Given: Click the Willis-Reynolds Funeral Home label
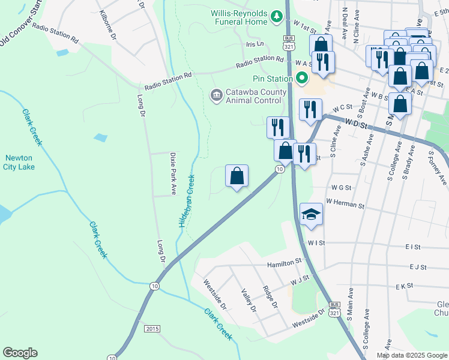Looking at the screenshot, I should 238,17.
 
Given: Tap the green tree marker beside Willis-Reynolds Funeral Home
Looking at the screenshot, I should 277,17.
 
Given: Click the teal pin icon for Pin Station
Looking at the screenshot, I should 301,78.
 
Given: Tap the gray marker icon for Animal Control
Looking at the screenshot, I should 215,95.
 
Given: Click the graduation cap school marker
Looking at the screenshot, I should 311,214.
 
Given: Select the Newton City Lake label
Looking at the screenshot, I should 19,163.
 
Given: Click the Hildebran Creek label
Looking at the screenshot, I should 186,200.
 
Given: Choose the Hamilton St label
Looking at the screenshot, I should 286,262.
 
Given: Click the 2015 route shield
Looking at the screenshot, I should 152,328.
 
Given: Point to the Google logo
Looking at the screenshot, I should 20,353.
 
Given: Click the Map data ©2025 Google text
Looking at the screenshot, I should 411,355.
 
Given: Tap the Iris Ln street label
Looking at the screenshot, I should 255,44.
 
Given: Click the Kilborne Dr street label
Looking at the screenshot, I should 109,23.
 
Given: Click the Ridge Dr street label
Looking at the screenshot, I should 271,296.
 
